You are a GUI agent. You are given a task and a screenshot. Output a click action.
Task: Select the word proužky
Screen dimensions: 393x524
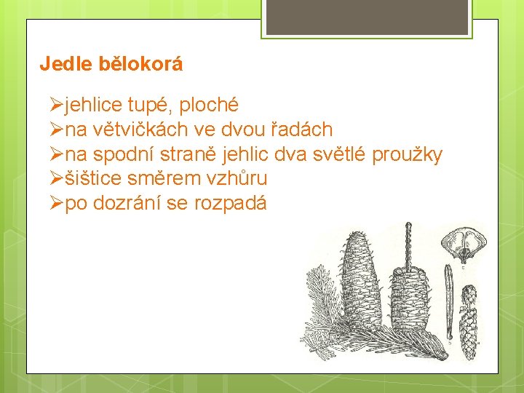point(407,155)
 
